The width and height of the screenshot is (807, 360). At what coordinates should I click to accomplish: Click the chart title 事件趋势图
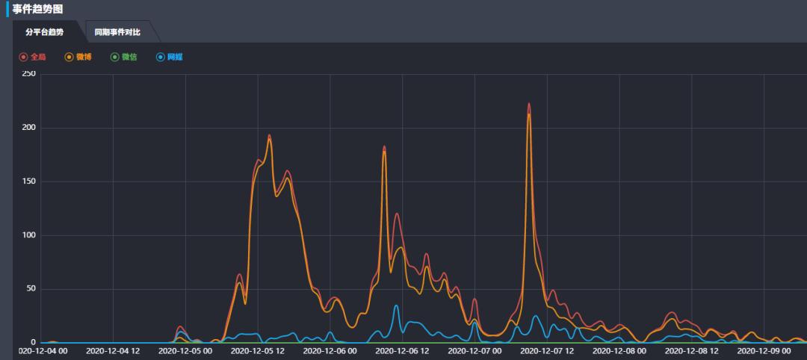point(37,9)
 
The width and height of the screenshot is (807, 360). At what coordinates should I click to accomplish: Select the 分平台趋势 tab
point(45,32)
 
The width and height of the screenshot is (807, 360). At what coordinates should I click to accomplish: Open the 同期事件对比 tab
point(117,32)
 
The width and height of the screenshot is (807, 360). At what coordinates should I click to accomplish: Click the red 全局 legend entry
point(33,57)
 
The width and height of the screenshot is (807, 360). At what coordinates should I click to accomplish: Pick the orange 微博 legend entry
point(78,57)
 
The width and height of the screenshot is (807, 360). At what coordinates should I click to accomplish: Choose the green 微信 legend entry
point(124,57)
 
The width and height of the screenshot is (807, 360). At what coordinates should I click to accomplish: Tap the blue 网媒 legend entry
point(170,57)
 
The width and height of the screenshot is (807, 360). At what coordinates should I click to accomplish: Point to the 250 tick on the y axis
point(29,74)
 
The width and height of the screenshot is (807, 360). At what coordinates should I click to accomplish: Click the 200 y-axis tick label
point(29,128)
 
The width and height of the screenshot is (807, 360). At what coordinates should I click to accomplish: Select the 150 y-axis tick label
point(29,181)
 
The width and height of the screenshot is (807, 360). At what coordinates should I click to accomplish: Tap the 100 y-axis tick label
point(29,235)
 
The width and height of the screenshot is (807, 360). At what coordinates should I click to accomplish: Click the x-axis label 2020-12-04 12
point(113,350)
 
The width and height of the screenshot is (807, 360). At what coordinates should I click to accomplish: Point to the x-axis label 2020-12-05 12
point(257,350)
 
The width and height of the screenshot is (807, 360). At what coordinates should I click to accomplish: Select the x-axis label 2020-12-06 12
point(402,350)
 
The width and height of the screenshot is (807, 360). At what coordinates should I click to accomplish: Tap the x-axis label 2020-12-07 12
point(547,350)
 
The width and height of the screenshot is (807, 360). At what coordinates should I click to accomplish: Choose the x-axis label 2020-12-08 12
point(691,350)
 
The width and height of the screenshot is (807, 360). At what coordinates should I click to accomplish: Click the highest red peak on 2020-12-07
point(529,104)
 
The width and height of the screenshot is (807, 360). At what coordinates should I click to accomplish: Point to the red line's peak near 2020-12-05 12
point(269,135)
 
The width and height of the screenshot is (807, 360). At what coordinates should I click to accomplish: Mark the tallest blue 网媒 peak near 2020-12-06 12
point(397,305)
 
